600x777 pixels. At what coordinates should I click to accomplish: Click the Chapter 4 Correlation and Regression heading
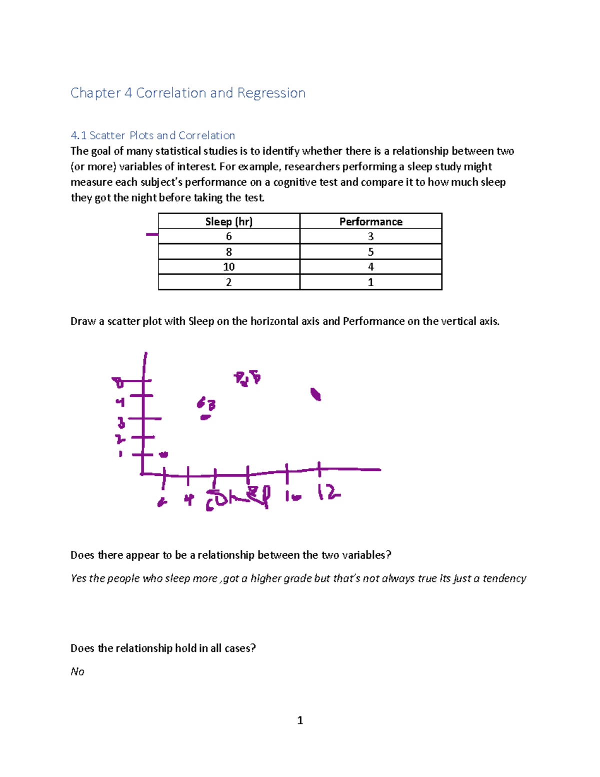(188, 93)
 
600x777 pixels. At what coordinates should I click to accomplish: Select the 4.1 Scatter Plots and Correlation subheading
(152, 136)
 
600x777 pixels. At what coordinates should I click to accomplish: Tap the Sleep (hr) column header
(229, 222)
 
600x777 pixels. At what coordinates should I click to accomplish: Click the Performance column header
(370, 222)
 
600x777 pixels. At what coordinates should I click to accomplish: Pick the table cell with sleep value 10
(229, 267)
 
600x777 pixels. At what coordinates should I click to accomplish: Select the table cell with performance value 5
(370, 252)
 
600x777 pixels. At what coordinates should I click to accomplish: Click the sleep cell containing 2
(229, 282)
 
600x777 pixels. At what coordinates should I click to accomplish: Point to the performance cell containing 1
(370, 282)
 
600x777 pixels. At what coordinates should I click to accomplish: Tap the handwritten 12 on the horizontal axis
(328, 494)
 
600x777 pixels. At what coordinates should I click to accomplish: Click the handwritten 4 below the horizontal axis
(188, 499)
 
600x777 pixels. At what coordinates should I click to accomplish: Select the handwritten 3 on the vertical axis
(121, 424)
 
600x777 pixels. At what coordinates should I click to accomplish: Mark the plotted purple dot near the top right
(315, 395)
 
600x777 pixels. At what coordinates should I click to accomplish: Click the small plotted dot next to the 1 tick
(163, 454)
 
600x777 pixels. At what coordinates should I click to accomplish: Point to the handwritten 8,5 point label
(247, 378)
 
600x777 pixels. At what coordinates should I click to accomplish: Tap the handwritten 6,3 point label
(206, 404)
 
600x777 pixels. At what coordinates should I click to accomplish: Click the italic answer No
(77, 671)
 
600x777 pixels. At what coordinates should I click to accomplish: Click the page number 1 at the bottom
(300, 720)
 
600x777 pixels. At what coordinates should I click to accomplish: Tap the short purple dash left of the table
(152, 234)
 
